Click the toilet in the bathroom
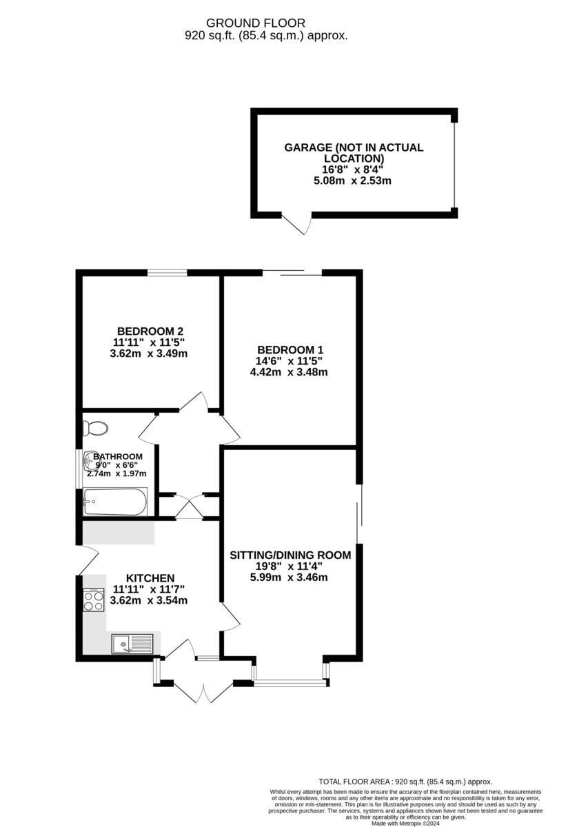click(x=94, y=428)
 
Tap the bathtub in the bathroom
click(x=114, y=502)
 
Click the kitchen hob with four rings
click(x=93, y=600)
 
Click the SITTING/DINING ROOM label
click(x=290, y=555)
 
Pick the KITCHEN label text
click(x=150, y=578)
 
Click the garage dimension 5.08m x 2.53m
click(x=353, y=181)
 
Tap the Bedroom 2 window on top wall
click(x=167, y=273)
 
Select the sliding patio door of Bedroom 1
click(x=292, y=272)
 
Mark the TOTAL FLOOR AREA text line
click(x=405, y=782)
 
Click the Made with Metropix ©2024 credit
click(x=405, y=823)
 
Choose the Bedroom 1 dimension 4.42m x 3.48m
click(x=289, y=372)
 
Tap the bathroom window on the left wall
click(x=77, y=468)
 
